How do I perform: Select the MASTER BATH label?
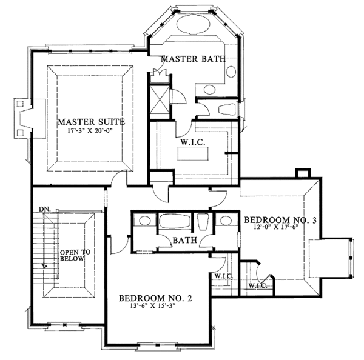tap(193, 59)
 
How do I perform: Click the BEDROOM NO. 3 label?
tap(281, 221)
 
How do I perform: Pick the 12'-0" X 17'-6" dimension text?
tap(281, 229)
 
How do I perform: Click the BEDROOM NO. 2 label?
tap(155, 298)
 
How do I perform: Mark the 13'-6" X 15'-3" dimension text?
tap(155, 307)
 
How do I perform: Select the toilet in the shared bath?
tap(203, 222)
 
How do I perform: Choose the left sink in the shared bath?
tap(144, 221)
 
